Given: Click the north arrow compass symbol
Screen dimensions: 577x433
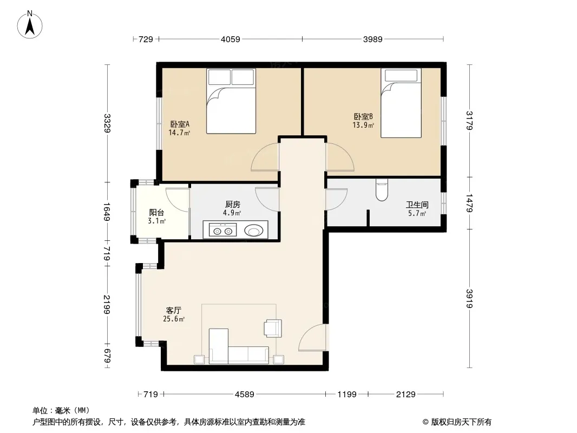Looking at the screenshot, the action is coord(30,24).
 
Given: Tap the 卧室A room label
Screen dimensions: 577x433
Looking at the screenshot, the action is coord(180,124).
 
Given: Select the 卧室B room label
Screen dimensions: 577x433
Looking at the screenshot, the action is coord(363,116).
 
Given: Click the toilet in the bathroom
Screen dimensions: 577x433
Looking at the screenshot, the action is coord(382,190).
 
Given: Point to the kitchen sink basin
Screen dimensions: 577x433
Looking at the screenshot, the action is coord(253,231).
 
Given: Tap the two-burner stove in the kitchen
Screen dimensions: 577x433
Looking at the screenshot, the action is coord(222,230).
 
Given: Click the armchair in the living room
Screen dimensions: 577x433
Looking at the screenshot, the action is coord(273,328).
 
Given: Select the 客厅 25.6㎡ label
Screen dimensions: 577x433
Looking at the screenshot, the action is coord(174,314).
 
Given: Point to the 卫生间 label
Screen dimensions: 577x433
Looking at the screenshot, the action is coord(417,205).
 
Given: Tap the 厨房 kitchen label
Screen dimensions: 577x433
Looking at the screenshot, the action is coord(232,204).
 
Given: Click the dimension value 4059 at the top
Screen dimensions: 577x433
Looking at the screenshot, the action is coord(231,39).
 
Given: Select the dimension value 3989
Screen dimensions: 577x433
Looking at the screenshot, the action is coord(373,39).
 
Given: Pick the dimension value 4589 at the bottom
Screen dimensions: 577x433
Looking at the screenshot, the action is coord(245,395).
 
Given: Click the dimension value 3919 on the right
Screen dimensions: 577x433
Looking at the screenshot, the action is coord(469,298).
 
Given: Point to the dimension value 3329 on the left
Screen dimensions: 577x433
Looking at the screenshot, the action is coord(107,123).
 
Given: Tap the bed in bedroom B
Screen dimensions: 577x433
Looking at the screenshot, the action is coord(401,103).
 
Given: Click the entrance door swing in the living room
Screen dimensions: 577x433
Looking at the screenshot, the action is coord(312,337).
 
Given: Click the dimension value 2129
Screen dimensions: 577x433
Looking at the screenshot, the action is coord(405,395).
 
